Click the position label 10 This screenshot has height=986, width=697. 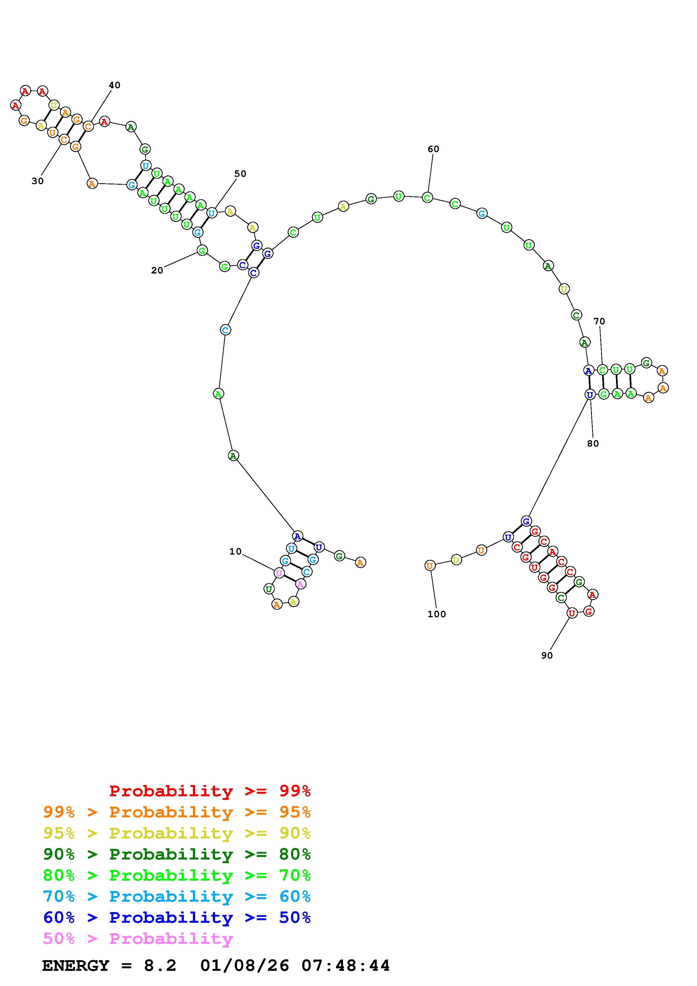[x=235, y=551]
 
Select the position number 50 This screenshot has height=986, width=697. [x=240, y=173]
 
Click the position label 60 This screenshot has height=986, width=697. [x=433, y=149]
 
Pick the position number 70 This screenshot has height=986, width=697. [x=599, y=321]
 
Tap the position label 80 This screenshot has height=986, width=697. [x=593, y=444]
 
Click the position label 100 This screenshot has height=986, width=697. [x=437, y=614]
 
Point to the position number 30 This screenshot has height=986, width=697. [x=38, y=181]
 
